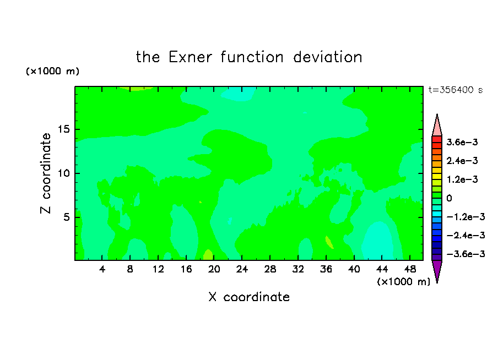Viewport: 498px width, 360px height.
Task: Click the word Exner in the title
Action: [x=190, y=57]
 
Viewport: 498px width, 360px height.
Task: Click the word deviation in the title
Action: [x=328, y=57]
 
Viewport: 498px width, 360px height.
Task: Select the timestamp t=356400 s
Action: [x=456, y=90]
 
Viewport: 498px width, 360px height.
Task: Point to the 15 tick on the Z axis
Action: [x=64, y=129]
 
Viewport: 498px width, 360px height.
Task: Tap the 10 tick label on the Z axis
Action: [x=64, y=173]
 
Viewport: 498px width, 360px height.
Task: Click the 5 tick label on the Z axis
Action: [x=67, y=217]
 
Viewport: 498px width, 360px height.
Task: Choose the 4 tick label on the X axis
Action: [x=102, y=270]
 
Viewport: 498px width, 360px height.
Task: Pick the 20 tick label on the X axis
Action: [x=214, y=270]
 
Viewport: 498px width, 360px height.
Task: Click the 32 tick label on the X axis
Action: [x=298, y=270]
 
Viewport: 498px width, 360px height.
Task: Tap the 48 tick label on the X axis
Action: [x=410, y=270]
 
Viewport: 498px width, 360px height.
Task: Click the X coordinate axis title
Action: [x=249, y=297]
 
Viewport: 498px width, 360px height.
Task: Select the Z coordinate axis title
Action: [x=45, y=173]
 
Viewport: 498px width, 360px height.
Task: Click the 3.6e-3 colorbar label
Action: [x=462, y=142]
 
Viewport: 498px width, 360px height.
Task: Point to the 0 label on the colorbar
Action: [x=449, y=198]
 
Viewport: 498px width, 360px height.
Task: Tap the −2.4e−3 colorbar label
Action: [x=465, y=236]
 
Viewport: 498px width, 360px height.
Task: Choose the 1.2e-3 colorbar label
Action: [x=462, y=179]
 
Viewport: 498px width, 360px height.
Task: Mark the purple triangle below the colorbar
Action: [x=437, y=270]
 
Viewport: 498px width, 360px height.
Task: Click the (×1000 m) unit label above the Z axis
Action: [x=52, y=71]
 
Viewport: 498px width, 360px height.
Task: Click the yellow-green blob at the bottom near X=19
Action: [x=208, y=255]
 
